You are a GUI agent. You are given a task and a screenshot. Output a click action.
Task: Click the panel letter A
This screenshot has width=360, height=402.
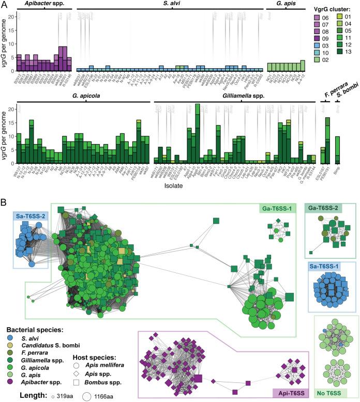[4, 5]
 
